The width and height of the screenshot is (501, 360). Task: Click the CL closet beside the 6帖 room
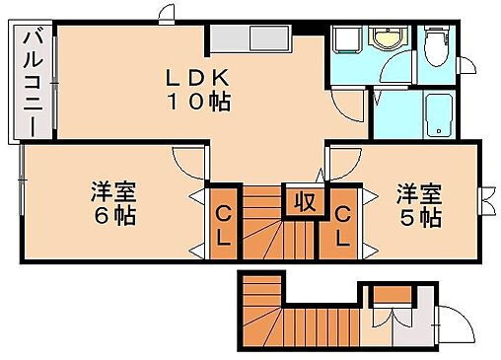point(223,224)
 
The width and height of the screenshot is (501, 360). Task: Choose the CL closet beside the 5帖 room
point(341,224)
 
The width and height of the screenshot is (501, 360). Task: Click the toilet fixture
point(435,45)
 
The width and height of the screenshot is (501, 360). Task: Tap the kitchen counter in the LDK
point(250,40)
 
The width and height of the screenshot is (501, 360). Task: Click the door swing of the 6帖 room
point(187,161)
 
